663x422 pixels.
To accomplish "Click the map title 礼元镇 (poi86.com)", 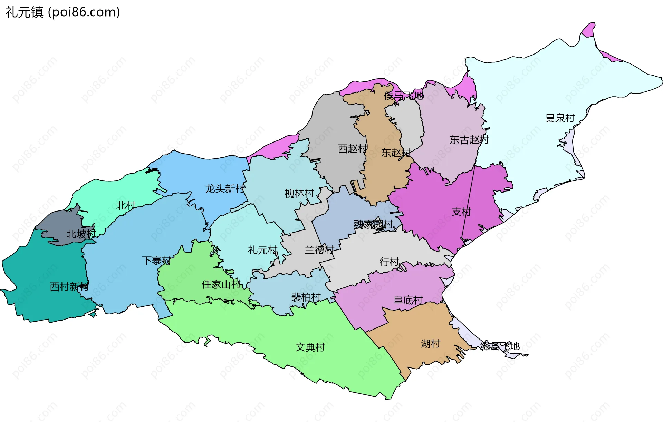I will [63, 12].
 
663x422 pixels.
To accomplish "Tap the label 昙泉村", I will [560, 118].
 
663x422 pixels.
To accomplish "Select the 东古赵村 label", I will [469, 140].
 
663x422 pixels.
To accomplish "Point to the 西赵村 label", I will [353, 149].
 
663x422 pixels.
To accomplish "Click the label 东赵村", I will [396, 153].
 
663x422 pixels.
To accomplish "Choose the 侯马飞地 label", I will [404, 96].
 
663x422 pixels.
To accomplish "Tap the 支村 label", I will [461, 212].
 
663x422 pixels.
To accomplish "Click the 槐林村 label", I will [299, 193].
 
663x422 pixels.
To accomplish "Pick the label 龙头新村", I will [225, 188].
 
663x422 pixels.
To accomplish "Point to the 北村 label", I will [126, 206].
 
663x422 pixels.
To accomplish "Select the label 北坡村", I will [81, 234].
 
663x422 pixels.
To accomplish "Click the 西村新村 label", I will [69, 286].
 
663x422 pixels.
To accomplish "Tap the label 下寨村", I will [156, 260].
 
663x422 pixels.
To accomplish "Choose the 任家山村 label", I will [221, 284].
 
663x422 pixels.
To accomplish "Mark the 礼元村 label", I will [262, 250].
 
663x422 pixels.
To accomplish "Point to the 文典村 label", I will [310, 347].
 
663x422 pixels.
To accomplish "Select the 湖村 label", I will [430, 343].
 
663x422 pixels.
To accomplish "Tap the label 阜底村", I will [408, 300].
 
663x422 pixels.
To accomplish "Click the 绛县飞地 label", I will [500, 346].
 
